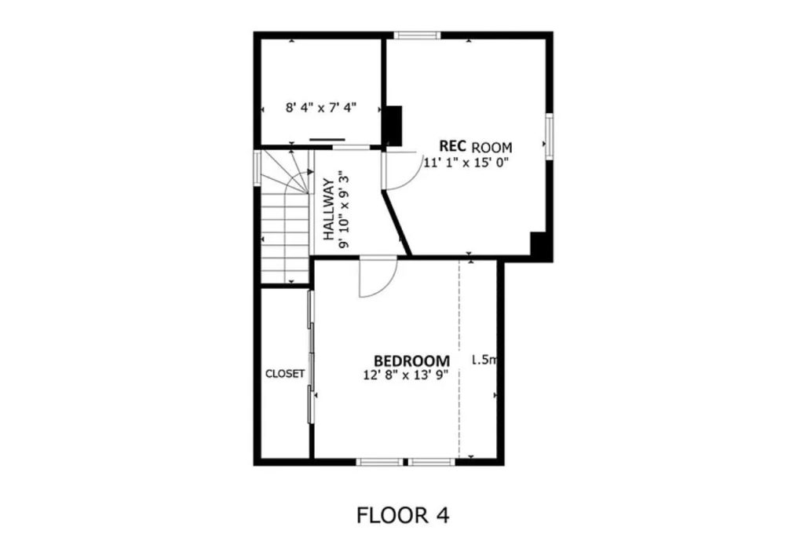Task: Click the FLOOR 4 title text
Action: point(403,515)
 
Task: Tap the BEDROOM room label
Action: point(411,361)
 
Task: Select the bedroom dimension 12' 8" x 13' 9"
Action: point(406,375)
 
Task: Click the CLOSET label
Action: point(284,374)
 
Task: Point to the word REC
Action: point(452,146)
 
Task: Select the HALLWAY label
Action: point(329,210)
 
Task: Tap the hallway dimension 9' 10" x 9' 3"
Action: point(344,211)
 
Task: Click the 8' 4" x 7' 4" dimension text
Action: point(321,108)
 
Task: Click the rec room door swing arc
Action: point(412,177)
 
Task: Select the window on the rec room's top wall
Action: point(417,35)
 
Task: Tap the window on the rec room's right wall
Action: point(549,135)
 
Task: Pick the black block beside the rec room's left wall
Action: point(393,126)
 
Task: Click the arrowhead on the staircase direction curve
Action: point(310,172)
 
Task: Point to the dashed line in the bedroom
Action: point(459,359)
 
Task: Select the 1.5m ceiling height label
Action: point(484,360)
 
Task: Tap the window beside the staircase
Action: point(258,167)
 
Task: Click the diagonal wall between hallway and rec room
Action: point(397,222)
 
